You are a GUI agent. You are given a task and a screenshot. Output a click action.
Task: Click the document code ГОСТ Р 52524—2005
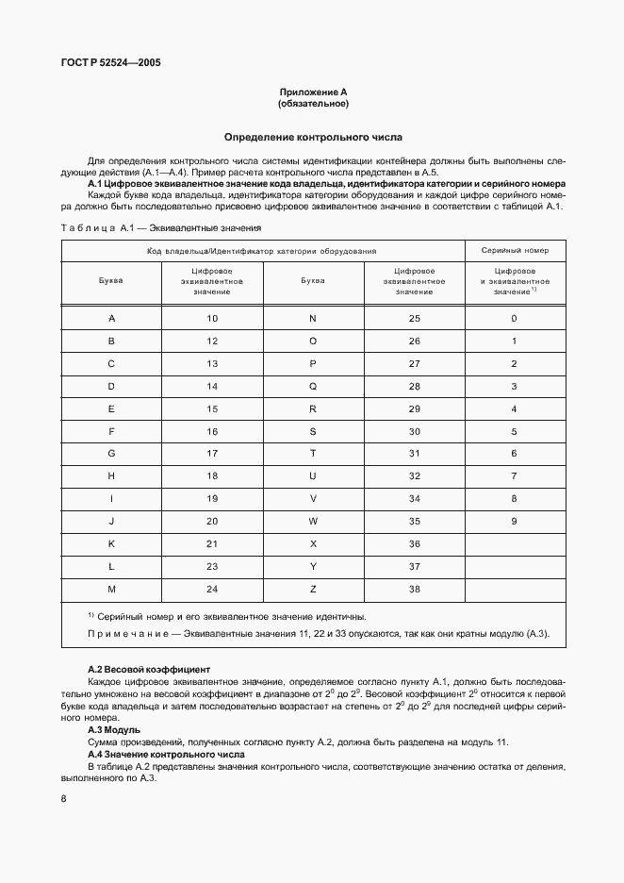tap(111, 63)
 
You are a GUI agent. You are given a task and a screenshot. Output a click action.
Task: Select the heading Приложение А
tap(313, 92)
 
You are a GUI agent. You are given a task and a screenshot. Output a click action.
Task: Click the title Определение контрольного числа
tap(313, 137)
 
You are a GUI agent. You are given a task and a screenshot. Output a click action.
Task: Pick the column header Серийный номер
tap(514, 251)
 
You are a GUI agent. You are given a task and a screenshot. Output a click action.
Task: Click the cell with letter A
tap(111, 318)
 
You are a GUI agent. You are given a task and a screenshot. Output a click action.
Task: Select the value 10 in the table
tap(212, 318)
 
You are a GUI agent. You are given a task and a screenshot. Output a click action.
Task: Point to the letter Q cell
tap(313, 386)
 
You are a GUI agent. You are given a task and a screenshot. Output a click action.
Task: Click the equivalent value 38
tap(414, 590)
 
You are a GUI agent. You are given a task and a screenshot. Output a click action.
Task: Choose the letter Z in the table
tap(313, 590)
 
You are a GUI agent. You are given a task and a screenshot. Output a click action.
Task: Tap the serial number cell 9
tap(514, 522)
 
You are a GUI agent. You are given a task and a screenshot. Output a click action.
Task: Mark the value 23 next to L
tap(212, 567)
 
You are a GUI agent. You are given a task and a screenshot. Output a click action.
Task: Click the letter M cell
tap(111, 590)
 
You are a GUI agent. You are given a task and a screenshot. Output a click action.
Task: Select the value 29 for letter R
tap(414, 408)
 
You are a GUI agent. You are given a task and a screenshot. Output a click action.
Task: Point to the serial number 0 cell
tap(514, 318)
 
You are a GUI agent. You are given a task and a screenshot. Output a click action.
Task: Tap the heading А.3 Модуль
tap(114, 730)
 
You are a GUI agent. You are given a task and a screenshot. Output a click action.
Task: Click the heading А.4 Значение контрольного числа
tap(166, 755)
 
